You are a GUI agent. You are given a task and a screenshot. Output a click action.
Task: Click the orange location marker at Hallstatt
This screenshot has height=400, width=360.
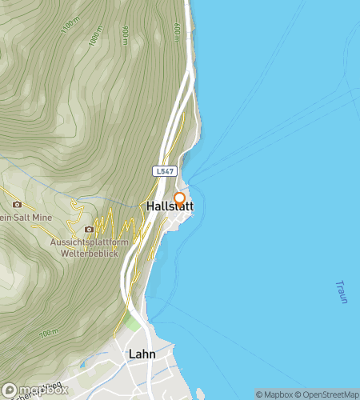(180, 199)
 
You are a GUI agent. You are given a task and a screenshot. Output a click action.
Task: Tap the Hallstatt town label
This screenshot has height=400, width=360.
(170, 207)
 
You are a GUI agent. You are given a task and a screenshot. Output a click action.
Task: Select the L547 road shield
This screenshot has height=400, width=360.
(164, 171)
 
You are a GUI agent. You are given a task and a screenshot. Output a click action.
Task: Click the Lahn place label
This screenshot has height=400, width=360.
(142, 353)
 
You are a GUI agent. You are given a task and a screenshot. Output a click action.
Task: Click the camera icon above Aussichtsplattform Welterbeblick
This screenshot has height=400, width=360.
(90, 230)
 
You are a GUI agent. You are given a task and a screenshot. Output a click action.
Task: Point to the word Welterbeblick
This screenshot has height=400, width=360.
(90, 254)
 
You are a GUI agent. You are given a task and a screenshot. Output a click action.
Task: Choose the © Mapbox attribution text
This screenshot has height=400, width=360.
(274, 394)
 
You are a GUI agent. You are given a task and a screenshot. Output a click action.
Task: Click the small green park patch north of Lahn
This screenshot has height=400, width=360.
(130, 323)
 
